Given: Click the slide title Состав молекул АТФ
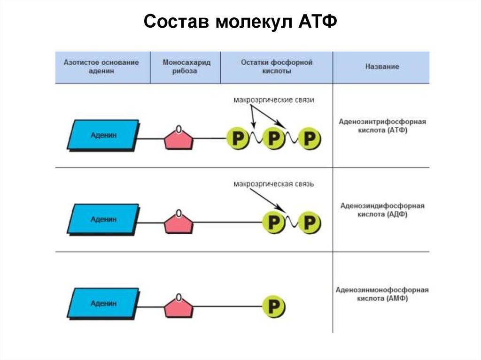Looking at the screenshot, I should click(240, 22).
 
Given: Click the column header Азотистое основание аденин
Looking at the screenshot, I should click(102, 67).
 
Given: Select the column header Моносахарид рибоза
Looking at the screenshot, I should click(186, 67).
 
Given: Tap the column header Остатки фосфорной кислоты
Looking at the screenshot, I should click(276, 67).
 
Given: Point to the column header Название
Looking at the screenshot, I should click(382, 67).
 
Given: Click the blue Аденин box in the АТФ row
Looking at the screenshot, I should click(103, 135).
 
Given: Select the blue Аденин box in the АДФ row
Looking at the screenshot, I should click(103, 219).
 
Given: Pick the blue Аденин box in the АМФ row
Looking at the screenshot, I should click(103, 303).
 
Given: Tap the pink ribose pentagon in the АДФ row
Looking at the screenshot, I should click(178, 222).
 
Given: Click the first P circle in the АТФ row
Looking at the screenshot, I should click(238, 138).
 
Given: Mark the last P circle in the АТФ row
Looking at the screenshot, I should click(309, 138).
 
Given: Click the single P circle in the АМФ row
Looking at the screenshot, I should click(273, 306).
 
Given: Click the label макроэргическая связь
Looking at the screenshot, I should click(273, 184).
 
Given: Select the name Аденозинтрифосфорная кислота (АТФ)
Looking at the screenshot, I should click(382, 126).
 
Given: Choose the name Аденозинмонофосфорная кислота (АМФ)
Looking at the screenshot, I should click(382, 294).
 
